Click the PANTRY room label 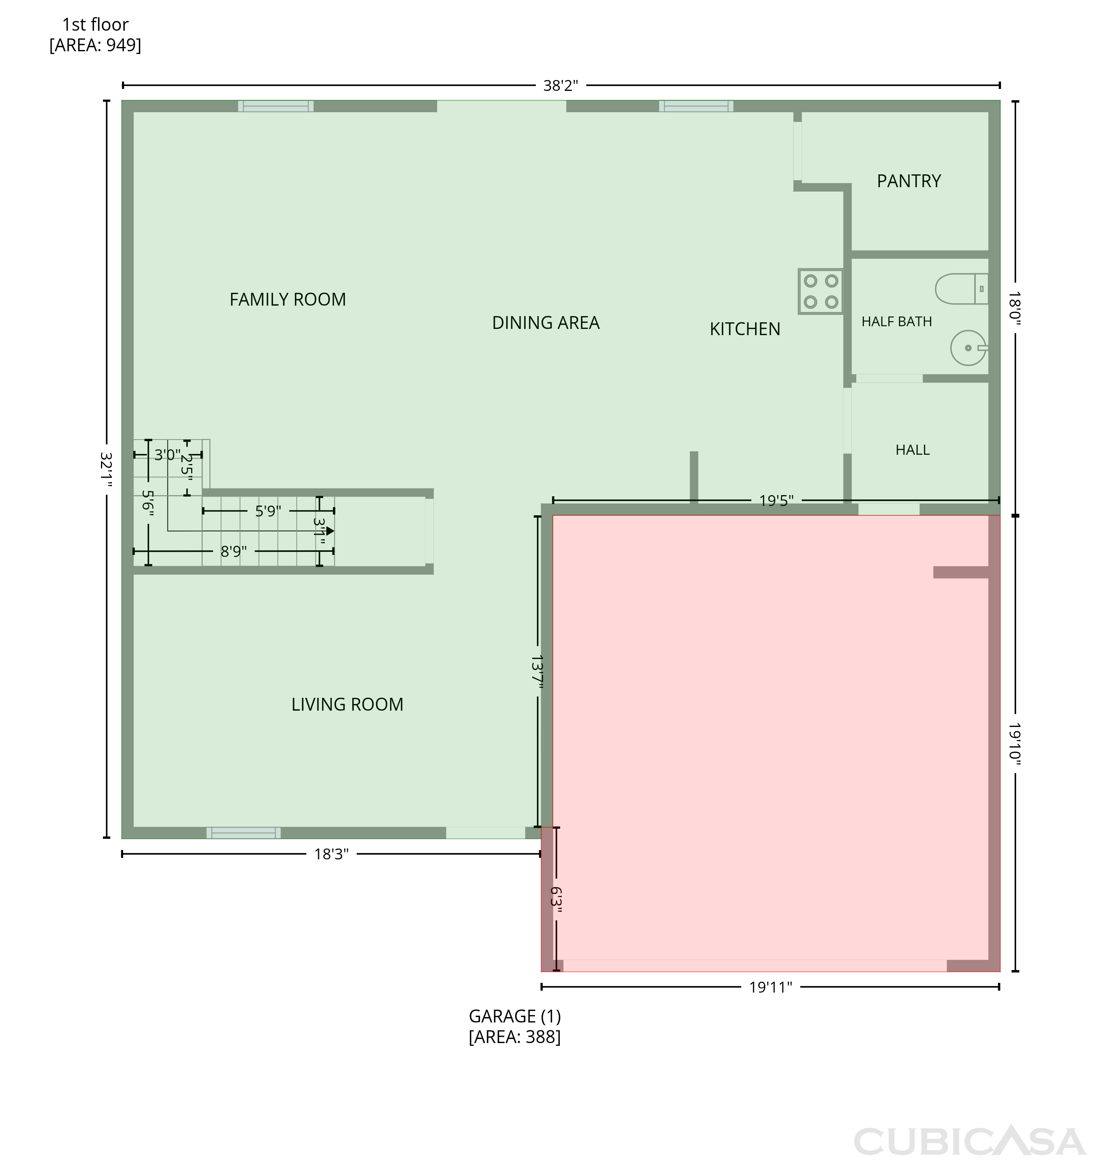(x=909, y=181)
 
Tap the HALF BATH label (x=897, y=321)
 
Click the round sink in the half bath (x=968, y=348)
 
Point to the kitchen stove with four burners (x=821, y=291)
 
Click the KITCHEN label (x=745, y=329)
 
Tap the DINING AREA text (x=545, y=323)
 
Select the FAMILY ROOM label (x=287, y=299)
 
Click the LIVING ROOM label (x=347, y=704)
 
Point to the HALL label (x=912, y=450)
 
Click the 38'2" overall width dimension (x=561, y=85)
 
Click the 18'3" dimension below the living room (x=331, y=854)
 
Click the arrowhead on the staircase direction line (x=331, y=531)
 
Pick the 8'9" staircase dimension (x=233, y=551)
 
